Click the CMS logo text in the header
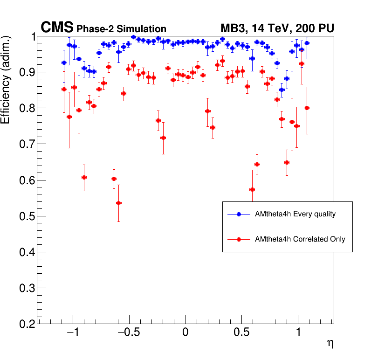click(57, 28)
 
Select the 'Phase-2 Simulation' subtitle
click(121, 29)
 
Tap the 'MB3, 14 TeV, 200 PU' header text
click(277, 28)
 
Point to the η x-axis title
click(330, 344)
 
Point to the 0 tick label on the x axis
click(185, 334)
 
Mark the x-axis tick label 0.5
click(241, 334)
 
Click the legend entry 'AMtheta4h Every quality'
click(295, 214)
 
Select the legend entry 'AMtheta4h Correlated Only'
click(300, 239)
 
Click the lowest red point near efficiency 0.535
click(118, 203)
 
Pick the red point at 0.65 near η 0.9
click(287, 162)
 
